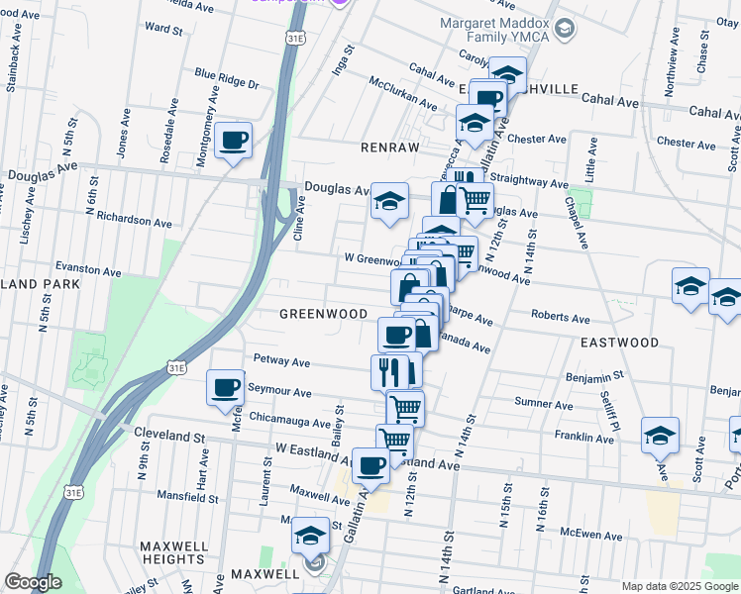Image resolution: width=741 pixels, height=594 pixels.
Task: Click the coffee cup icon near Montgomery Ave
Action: (233, 140)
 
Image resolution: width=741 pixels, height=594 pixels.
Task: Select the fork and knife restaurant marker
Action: (388, 371)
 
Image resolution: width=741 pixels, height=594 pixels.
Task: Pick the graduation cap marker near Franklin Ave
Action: (660, 435)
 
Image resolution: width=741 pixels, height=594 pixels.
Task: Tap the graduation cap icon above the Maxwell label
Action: (310, 535)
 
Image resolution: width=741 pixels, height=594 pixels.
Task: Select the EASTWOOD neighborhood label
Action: (620, 343)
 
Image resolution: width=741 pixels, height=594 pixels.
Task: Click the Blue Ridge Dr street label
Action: (226, 76)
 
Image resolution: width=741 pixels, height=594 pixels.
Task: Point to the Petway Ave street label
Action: (282, 358)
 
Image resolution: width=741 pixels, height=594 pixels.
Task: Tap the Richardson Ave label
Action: (122, 219)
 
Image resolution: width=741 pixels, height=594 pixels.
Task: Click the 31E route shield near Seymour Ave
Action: (176, 367)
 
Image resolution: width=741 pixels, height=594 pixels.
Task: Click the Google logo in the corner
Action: (33, 582)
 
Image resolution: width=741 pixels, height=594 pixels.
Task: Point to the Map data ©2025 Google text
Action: (680, 586)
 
